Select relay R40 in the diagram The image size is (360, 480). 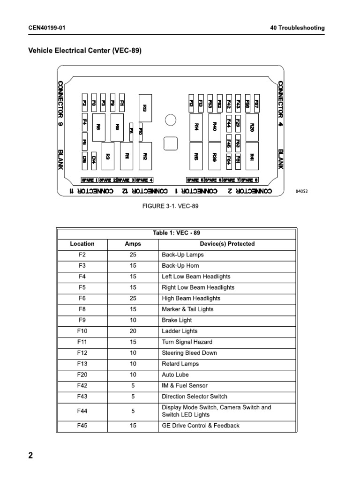[x=215, y=127]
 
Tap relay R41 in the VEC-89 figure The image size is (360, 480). [x=253, y=157]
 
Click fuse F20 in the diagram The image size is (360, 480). [x=238, y=123]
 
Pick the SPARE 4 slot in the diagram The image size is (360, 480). [x=144, y=180]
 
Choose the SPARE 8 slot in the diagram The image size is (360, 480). [x=249, y=180]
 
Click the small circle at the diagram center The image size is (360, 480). [x=170, y=120]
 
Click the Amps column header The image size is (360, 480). [x=133, y=244]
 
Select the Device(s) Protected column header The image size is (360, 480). [x=227, y=244]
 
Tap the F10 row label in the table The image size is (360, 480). [x=82, y=331]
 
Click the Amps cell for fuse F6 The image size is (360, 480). [x=133, y=298]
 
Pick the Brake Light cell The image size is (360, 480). [x=177, y=320]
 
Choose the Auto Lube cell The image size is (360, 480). [x=175, y=375]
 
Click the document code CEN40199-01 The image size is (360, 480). [x=47, y=28]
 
